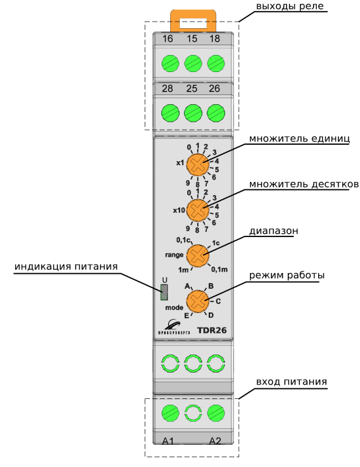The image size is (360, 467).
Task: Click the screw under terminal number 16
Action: [x=170, y=64]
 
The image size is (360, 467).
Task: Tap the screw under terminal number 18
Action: [x=216, y=64]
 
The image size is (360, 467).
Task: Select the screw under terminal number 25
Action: [x=193, y=113]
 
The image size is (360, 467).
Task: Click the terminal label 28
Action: [x=168, y=88]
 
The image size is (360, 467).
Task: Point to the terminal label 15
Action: [x=192, y=39]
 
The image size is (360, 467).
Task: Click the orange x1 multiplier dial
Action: [x=198, y=164]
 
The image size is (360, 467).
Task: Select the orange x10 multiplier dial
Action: [x=198, y=210]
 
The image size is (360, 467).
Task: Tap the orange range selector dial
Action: [x=198, y=255]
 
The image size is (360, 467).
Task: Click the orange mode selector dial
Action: [x=198, y=301]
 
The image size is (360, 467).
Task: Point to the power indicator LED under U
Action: [x=164, y=292]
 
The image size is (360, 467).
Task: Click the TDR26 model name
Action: [x=212, y=330]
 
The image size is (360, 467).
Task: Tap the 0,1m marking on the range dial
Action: [x=219, y=270]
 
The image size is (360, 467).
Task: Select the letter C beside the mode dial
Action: [x=218, y=301]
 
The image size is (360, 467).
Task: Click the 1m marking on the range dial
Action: [x=183, y=270]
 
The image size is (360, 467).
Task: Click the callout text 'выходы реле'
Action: [x=290, y=7]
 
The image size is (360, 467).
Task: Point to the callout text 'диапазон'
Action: [x=274, y=231]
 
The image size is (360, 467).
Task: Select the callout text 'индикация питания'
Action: [x=66, y=267]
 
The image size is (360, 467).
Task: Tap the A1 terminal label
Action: [x=168, y=441]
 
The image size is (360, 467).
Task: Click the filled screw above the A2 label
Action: [x=216, y=413]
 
